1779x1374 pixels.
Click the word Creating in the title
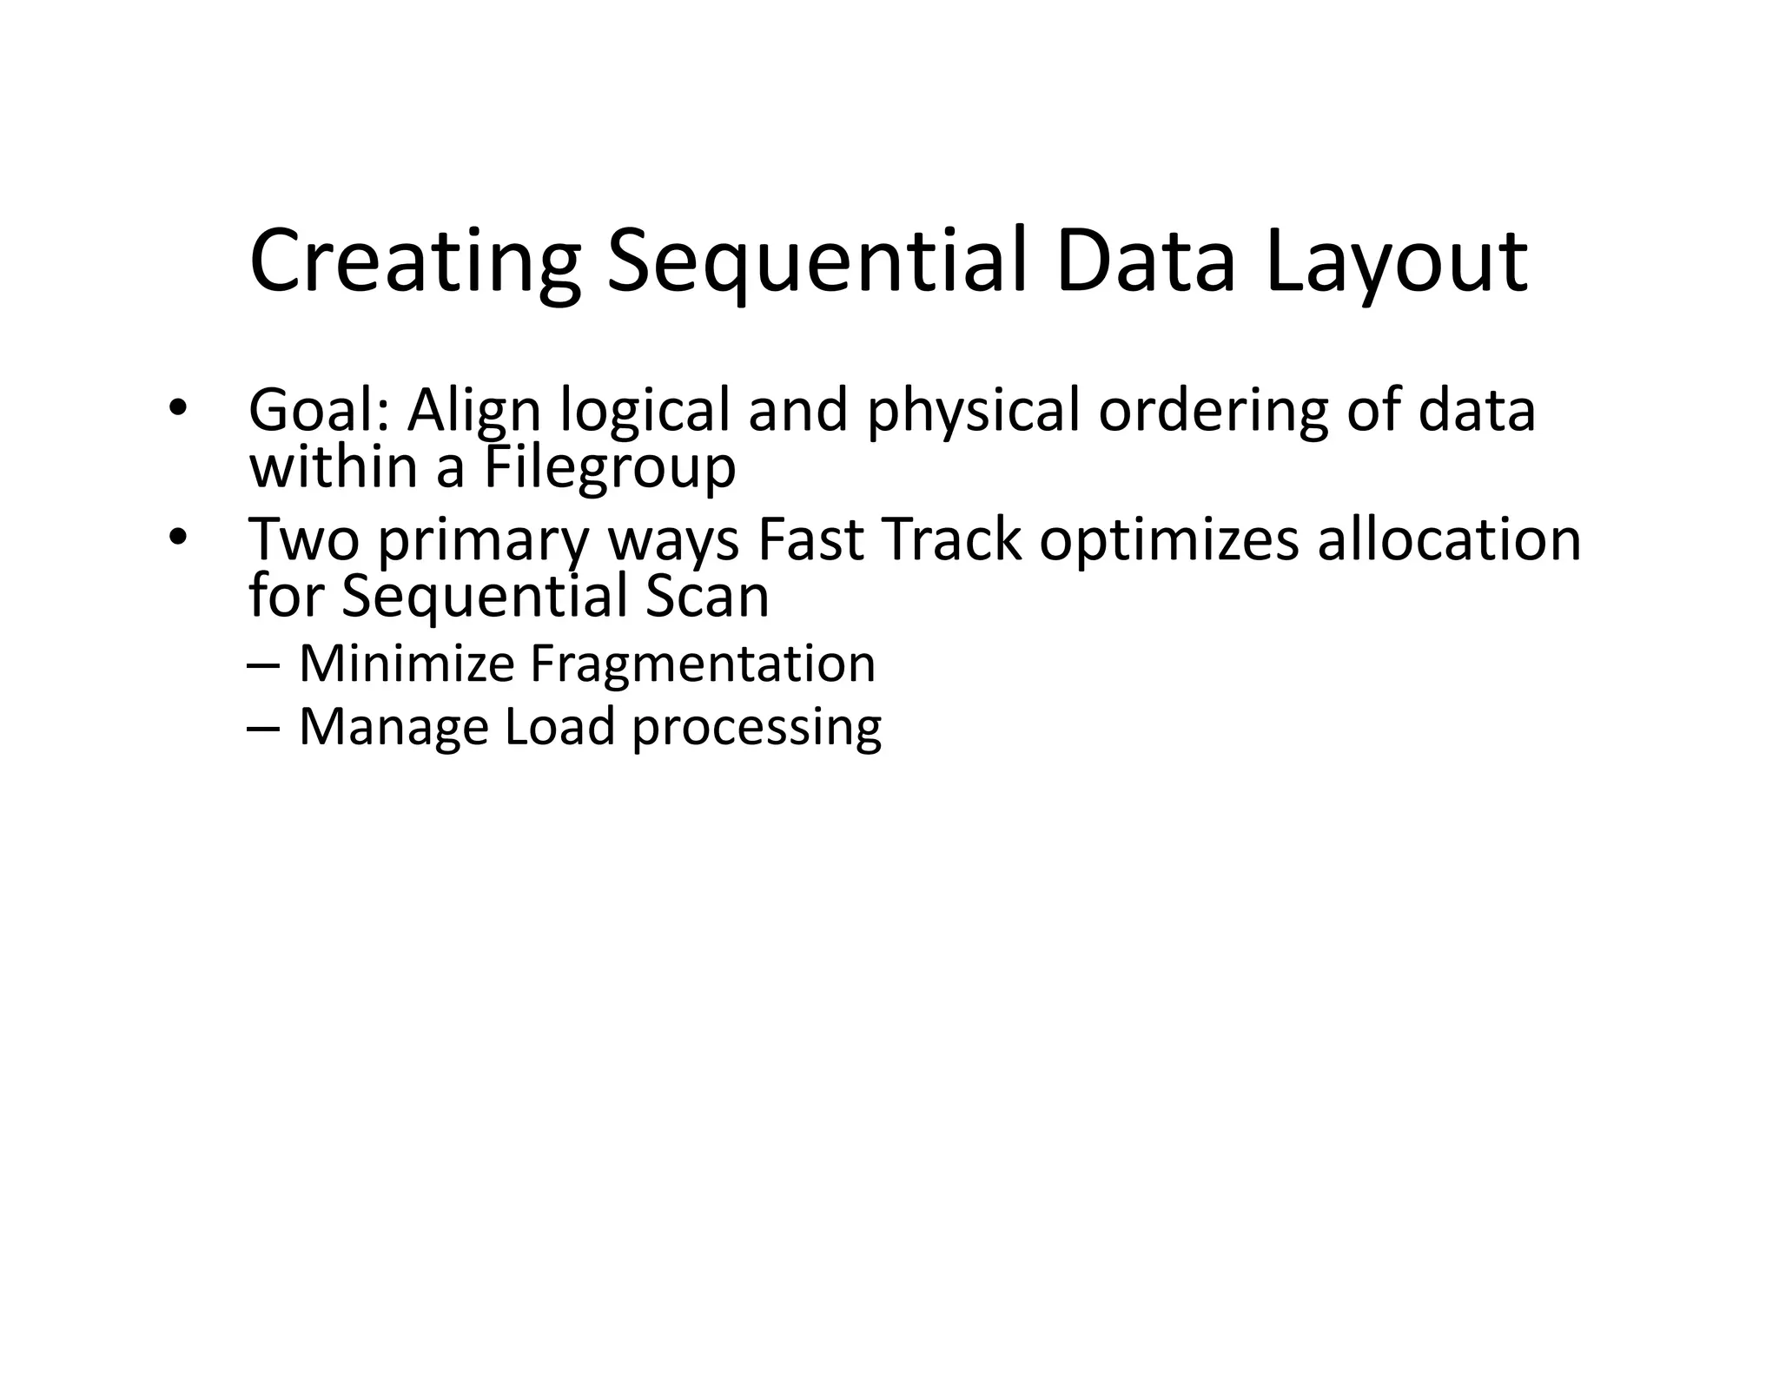414,262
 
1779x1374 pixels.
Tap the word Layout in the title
1396,262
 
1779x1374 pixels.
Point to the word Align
474,411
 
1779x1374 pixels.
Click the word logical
645,411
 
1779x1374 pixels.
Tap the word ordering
1214,411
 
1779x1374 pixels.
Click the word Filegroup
609,467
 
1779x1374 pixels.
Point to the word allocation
1449,539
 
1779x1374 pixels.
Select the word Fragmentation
702,664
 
